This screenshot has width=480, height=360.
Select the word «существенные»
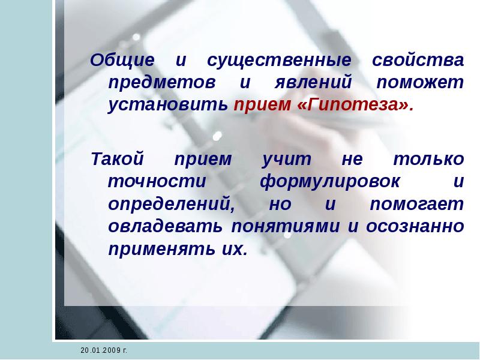point(278,61)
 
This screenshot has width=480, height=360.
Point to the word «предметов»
point(154,83)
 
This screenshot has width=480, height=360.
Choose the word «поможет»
point(420,83)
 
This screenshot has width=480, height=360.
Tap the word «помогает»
point(416,205)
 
